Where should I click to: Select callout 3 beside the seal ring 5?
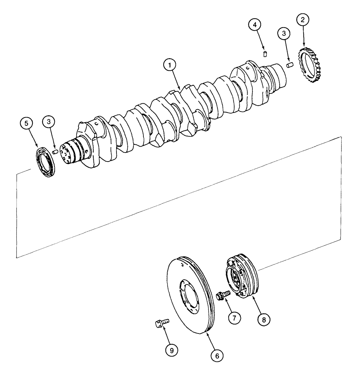pos(49,122)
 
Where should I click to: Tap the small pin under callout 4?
pos(265,54)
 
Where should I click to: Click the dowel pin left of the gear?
pos(289,65)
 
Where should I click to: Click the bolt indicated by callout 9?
pos(161,323)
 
